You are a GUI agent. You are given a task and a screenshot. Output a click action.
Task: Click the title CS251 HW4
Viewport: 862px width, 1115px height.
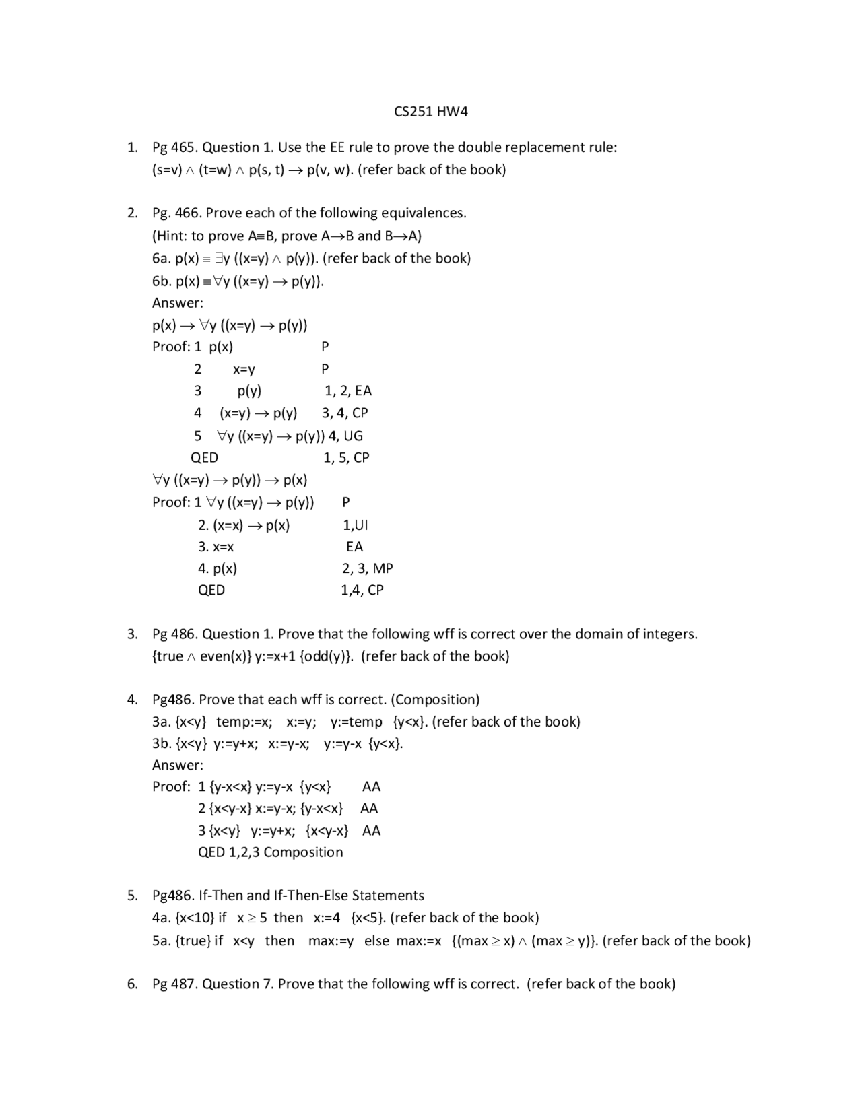point(430,112)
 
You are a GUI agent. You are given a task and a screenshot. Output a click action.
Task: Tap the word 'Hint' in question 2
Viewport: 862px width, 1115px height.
point(171,236)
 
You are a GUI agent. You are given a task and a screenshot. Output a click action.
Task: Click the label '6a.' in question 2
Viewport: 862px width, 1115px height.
point(162,258)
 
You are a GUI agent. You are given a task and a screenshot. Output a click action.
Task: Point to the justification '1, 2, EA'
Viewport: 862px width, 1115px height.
point(347,391)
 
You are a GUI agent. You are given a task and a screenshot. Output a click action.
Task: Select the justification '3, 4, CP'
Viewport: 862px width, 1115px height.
point(345,413)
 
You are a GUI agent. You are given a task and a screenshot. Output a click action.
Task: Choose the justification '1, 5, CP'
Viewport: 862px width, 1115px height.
point(346,458)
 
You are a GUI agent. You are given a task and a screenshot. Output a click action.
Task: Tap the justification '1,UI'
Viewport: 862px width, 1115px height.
point(355,525)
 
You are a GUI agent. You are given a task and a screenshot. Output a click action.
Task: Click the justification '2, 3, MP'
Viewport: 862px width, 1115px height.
point(367,568)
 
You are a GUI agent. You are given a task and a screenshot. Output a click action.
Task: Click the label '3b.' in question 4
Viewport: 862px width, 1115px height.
point(162,743)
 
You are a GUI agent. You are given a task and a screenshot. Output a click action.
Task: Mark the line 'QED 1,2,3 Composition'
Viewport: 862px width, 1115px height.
point(270,852)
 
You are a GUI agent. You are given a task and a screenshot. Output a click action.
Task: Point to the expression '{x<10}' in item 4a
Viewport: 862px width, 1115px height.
point(194,918)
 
